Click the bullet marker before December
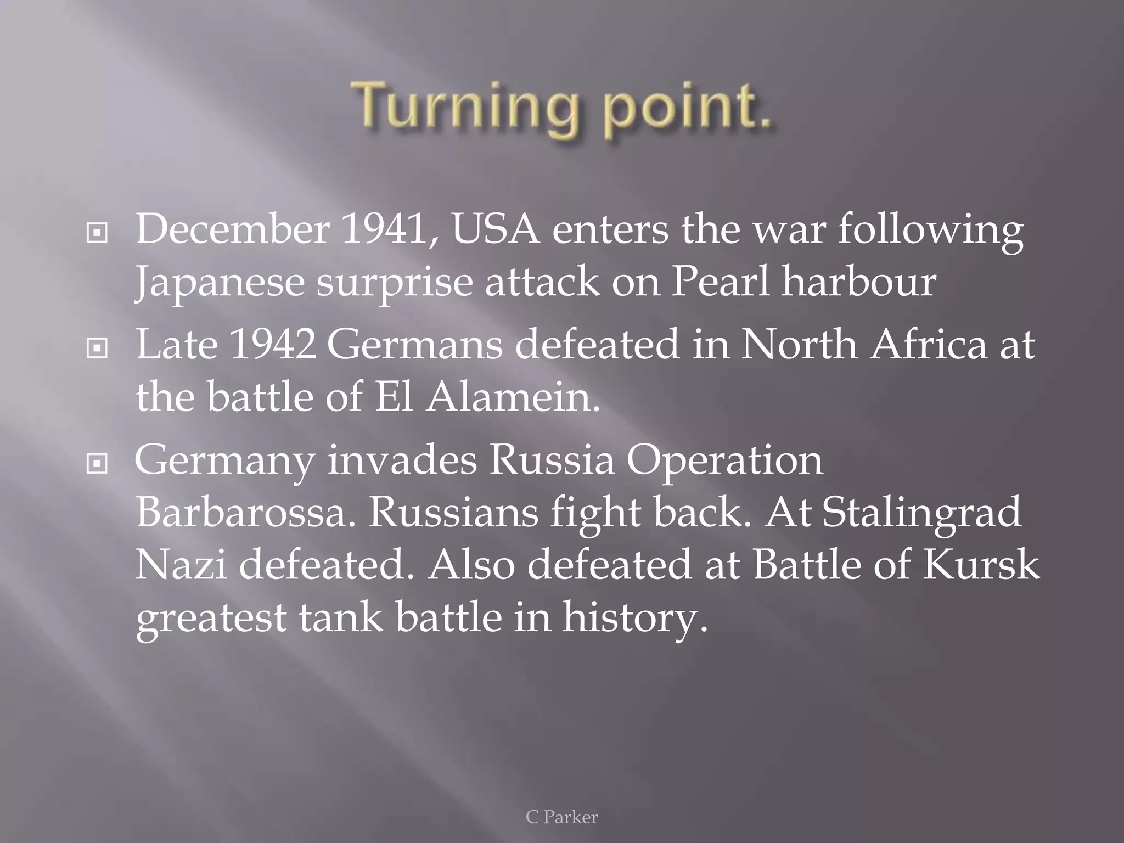pyautogui.click(x=97, y=233)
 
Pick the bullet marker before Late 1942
pyautogui.click(x=97, y=348)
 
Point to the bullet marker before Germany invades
pyautogui.click(x=97, y=464)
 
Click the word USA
pyautogui.click(x=495, y=229)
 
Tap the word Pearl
pyautogui.click(x=720, y=282)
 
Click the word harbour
pyautogui.click(x=859, y=282)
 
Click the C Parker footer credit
pyautogui.click(x=561, y=817)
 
